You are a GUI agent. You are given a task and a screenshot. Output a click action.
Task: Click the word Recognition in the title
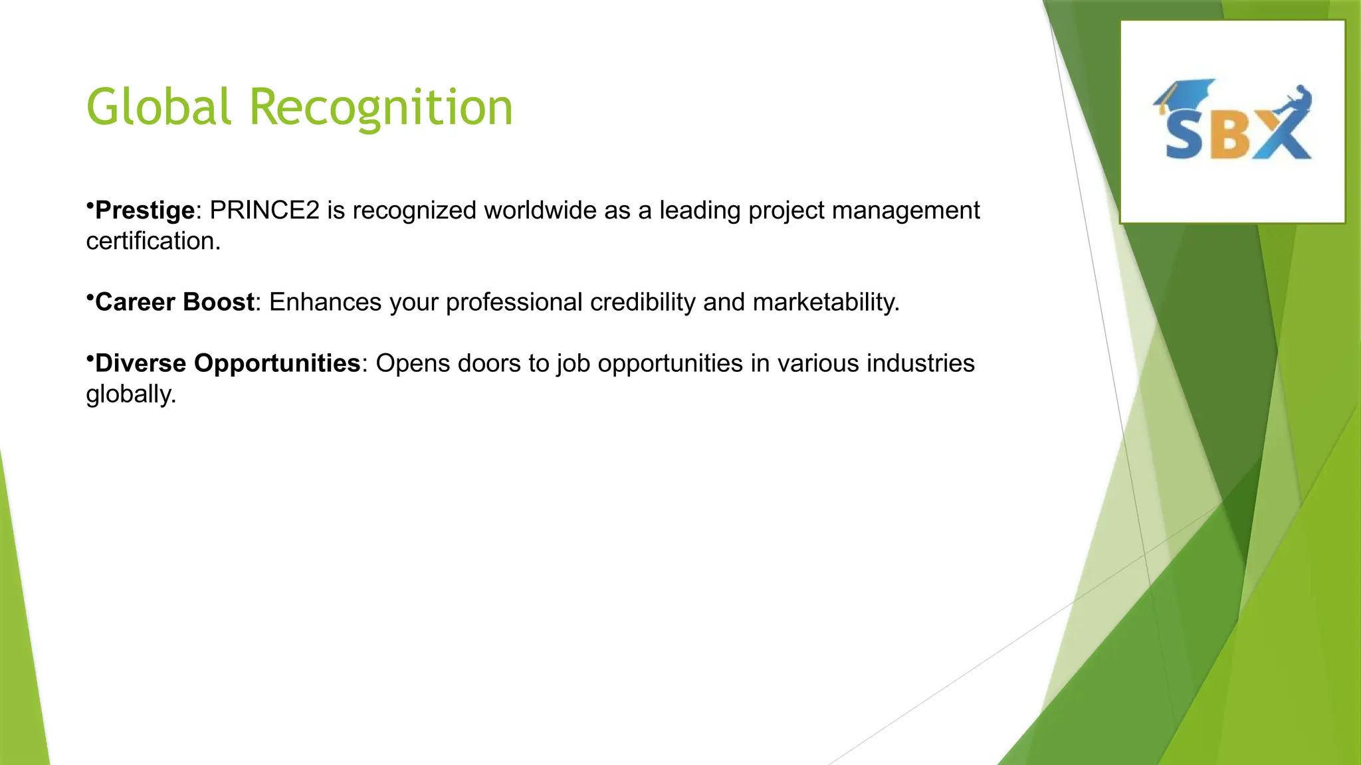coord(381,108)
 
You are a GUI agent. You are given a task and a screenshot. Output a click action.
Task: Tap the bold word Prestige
coord(145,211)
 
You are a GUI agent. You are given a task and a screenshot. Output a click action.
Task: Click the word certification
coord(153,241)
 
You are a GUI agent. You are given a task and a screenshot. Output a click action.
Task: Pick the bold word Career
coord(135,302)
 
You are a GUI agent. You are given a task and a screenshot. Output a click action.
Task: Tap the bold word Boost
coord(218,302)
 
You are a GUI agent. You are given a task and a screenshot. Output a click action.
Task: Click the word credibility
coord(643,302)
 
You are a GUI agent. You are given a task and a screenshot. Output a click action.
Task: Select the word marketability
coord(826,302)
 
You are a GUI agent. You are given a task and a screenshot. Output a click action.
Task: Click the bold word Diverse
coord(140,363)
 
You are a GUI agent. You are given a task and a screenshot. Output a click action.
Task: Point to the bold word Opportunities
coord(276,363)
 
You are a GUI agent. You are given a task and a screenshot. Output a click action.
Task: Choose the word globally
coord(131,394)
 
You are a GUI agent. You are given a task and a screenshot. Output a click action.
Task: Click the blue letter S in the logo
coord(1184,135)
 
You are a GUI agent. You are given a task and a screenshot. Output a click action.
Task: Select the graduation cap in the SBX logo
coord(1185,93)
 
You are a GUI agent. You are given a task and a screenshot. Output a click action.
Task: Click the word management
coord(905,211)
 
